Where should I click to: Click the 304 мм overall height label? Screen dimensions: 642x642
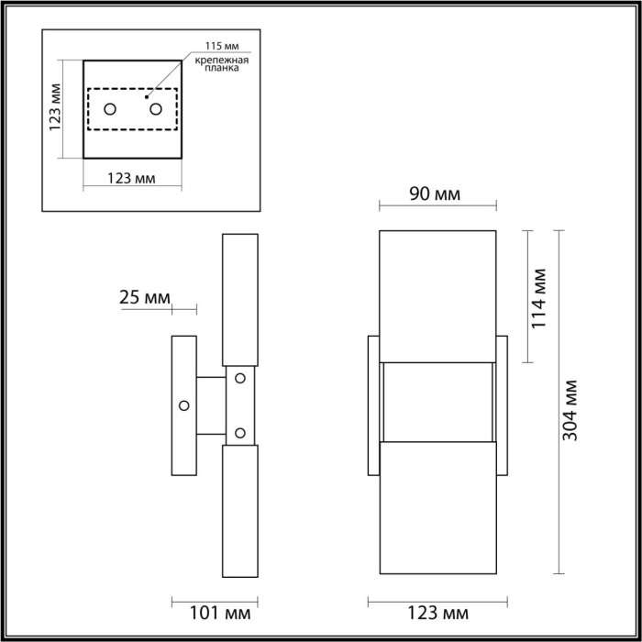[570, 409]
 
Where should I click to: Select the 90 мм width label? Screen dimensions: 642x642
[434, 194]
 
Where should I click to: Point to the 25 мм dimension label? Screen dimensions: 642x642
[145, 297]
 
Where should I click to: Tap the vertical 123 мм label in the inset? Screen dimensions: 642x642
[56, 109]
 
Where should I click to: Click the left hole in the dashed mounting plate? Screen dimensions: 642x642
[111, 110]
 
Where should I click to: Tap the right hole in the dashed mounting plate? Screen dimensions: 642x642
[155, 110]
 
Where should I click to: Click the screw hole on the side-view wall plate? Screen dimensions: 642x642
[184, 404]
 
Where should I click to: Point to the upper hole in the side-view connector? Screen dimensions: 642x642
[240, 377]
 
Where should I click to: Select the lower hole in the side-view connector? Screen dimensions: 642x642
[240, 432]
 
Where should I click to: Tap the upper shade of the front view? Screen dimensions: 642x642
[437, 295]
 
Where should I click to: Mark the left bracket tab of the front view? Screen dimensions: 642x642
[373, 404]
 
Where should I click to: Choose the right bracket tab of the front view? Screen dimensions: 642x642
[502, 404]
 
